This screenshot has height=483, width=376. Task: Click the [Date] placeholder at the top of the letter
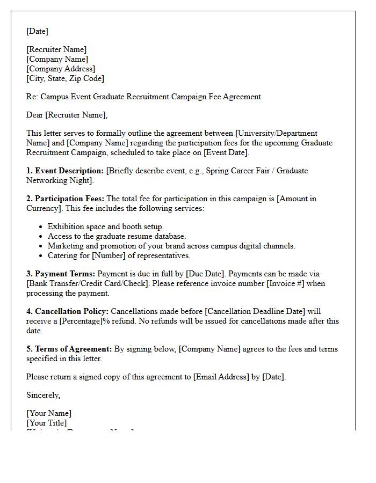click(37, 31)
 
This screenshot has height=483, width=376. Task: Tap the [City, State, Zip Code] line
click(65, 78)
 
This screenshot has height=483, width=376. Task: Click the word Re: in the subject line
click(32, 97)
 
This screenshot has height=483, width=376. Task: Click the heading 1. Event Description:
click(65, 171)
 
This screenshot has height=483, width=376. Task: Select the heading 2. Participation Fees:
click(66, 199)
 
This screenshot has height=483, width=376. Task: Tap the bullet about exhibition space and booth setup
click(106, 226)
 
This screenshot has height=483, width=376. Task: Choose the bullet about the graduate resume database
click(117, 236)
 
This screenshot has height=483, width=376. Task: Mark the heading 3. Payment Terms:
click(61, 274)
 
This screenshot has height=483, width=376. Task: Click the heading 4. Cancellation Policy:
click(68, 311)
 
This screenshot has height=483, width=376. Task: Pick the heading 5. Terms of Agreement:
click(69, 349)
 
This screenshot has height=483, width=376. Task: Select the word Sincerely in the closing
click(43, 395)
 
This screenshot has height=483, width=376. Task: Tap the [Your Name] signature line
click(49, 413)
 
